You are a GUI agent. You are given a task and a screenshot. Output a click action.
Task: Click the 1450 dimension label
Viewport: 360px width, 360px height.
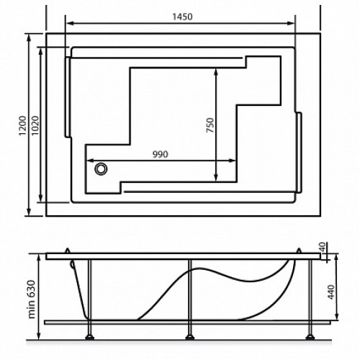click(x=182, y=17)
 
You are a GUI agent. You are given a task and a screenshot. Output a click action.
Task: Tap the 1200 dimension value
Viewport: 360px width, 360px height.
click(x=22, y=125)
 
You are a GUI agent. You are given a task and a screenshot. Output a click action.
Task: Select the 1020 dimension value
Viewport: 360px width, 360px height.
click(x=35, y=125)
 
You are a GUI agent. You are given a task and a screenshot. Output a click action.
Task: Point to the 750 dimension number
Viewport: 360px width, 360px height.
click(x=210, y=125)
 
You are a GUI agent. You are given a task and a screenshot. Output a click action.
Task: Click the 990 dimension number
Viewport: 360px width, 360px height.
click(x=161, y=154)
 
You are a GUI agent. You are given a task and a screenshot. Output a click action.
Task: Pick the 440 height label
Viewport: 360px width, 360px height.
click(x=331, y=292)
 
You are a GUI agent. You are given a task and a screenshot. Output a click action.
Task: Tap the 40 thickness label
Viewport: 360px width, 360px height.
click(x=323, y=247)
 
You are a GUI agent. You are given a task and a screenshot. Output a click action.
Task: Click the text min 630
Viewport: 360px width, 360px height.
click(x=32, y=300)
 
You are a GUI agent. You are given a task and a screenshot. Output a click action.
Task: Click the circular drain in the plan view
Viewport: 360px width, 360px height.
click(x=101, y=168)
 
